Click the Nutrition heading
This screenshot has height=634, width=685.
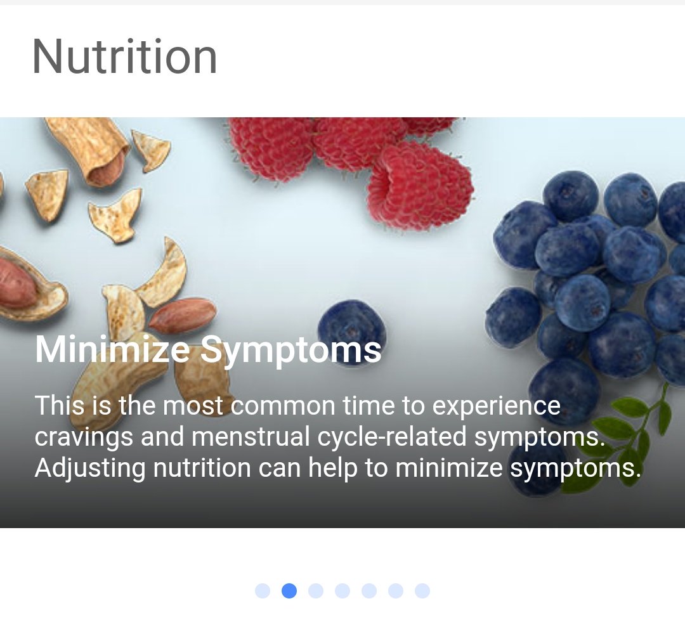[124, 57]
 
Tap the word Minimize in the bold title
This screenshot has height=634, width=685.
[112, 349]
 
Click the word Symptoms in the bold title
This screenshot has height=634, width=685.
[290, 351]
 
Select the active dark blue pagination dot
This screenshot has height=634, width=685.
[289, 591]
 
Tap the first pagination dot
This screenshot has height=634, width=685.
[263, 591]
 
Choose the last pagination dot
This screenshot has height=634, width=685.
[422, 591]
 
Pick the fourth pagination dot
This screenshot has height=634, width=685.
[342, 591]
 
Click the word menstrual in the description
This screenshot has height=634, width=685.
[251, 437]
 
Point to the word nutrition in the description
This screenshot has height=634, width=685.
[202, 468]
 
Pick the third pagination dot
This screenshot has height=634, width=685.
[316, 591]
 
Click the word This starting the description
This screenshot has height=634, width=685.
[60, 405]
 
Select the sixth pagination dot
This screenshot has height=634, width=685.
[396, 591]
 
